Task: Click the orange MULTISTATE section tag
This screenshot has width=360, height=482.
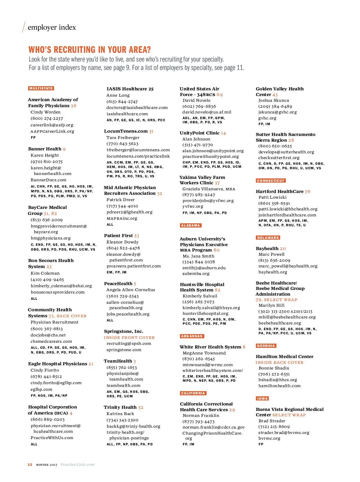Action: pyautogui.click(x=41, y=88)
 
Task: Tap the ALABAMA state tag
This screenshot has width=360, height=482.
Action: pyautogui.click(x=190, y=225)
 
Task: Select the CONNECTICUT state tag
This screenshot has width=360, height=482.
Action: pyautogui.click(x=271, y=181)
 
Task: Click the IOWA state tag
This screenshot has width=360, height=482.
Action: pyautogui.click(x=262, y=399)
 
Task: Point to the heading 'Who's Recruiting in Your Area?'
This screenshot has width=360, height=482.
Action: pyautogui.click(x=89, y=50)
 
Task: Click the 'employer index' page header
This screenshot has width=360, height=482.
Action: pyautogui.click(x=52, y=27)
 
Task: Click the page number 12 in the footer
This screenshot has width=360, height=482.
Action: pyautogui.click(x=30, y=465)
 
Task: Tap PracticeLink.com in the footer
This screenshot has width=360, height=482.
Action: pyautogui.click(x=77, y=465)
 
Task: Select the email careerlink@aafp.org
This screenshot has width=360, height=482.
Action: pyautogui.click(x=52, y=125)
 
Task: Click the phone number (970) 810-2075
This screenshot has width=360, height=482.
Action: pyautogui.click(x=46, y=161)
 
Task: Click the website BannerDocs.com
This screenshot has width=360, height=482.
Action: pyautogui.click(x=48, y=180)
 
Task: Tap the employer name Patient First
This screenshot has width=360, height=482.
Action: pyautogui.click(x=118, y=236)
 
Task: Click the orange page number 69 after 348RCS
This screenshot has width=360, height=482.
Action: pyautogui.click(x=220, y=95)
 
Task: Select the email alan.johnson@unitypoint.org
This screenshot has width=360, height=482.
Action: pyautogui.click(x=213, y=151)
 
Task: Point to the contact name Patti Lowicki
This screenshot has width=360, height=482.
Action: pyautogui.click(x=272, y=197)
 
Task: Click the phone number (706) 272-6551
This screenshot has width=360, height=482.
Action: pyautogui.click(x=274, y=374)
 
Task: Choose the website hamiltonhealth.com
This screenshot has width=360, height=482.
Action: pyautogui.click(x=279, y=386)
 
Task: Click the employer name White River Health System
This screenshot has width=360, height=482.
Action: pyautogui.click(x=210, y=347)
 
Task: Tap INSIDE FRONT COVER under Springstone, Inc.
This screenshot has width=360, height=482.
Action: pyautogui.click(x=129, y=337)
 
